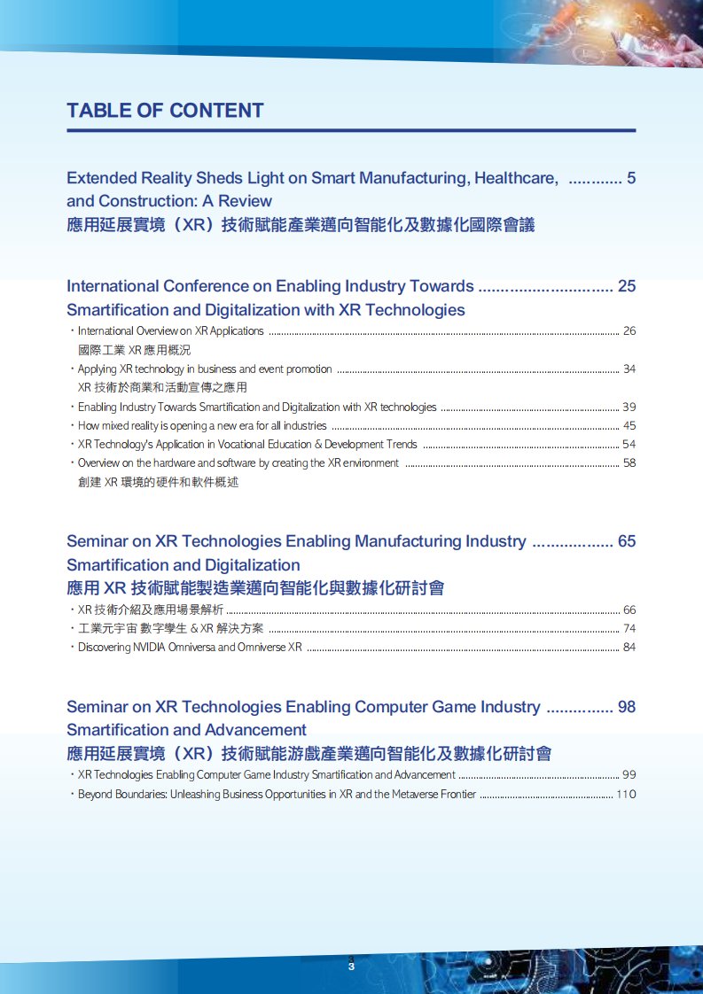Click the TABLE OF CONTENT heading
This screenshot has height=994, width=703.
point(165,111)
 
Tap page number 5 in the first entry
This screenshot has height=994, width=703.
point(631,178)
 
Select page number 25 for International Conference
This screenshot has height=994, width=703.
point(627,286)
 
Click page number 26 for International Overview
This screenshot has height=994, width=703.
point(629,331)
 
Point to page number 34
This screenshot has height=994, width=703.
point(629,369)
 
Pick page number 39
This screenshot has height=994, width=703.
point(629,408)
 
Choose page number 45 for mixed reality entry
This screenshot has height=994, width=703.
point(629,426)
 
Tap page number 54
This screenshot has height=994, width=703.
point(629,445)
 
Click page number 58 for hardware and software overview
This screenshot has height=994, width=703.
point(629,463)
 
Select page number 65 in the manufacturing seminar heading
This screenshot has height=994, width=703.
point(627,541)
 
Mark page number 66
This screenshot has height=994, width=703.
point(629,610)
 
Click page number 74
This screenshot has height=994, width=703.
point(629,629)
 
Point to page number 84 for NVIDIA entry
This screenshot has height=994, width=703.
point(629,648)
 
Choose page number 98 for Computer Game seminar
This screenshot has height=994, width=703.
point(627,707)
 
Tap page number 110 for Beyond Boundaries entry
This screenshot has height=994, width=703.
point(626,795)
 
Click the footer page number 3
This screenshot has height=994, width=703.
point(352,967)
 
